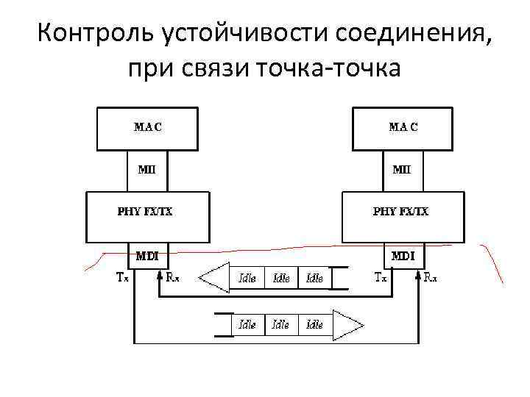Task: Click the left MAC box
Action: (x=147, y=129)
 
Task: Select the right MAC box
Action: (x=402, y=129)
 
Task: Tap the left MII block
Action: (x=147, y=171)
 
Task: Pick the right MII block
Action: (x=402, y=171)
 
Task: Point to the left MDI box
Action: (x=147, y=257)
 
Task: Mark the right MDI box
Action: (x=402, y=257)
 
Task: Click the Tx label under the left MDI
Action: (x=123, y=277)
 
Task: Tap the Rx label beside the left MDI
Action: (x=172, y=277)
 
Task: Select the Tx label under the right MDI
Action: (x=381, y=277)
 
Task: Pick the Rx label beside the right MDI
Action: (x=429, y=277)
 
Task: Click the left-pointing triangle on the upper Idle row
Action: (x=214, y=278)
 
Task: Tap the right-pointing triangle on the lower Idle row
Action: (x=348, y=323)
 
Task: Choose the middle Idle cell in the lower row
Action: (x=280, y=323)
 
